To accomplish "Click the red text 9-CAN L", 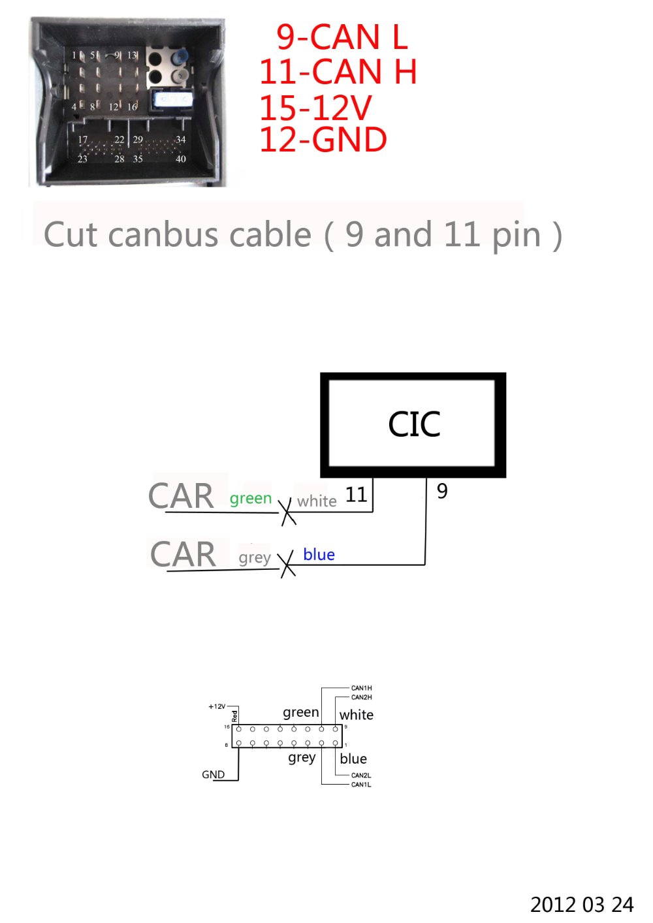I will coord(342,37).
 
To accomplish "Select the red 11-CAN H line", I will coord(338,72).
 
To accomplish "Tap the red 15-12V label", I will coord(315,108).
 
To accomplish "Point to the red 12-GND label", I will coord(323,140).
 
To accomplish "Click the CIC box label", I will coord(414,425).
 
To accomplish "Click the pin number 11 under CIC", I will coord(356,495).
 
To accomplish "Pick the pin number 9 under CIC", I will coord(442,491).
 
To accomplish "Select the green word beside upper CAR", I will coord(250,499).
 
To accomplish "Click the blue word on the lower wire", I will coord(319,555).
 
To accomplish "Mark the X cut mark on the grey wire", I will coord(287,564).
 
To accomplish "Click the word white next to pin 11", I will coord(317,501).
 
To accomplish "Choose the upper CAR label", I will coord(181,496).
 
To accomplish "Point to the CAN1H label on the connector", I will coord(361,688).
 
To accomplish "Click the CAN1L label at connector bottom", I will coord(361,785).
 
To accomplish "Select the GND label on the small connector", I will coord(213,775).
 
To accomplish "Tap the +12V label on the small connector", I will coord(217,706).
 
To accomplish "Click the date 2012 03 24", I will coord(581,905).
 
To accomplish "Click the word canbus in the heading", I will coord(210,235).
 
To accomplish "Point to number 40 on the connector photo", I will coord(181,159).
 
